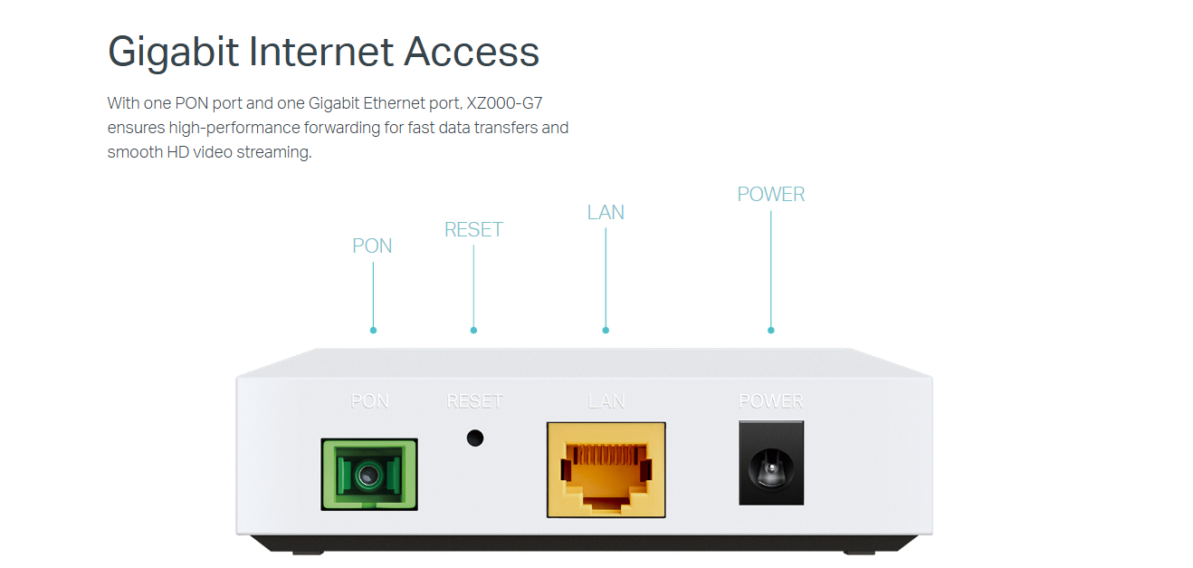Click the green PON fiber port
point(369,474)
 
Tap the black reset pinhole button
point(474,438)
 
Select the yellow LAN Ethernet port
point(606,469)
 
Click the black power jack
point(771,463)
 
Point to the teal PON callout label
point(372,246)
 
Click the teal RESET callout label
point(473,230)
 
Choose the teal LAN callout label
point(606,213)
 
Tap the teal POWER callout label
point(771,195)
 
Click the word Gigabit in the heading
point(173,52)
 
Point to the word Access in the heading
point(472,52)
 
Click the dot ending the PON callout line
point(373,330)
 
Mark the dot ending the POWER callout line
point(771,330)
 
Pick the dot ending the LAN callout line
point(606,330)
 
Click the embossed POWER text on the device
point(771,401)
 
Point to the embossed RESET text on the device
point(474,401)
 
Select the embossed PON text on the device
point(369,401)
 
